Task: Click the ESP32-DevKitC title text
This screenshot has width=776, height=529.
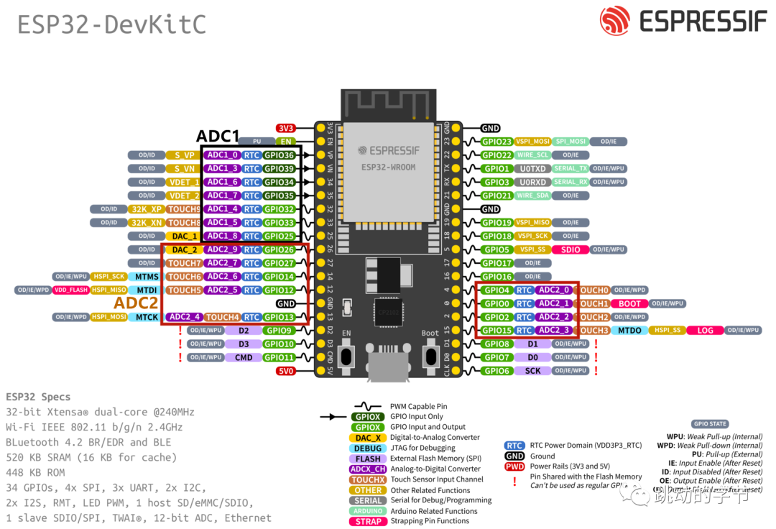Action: pos(111,24)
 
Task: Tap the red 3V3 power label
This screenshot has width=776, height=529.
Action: pos(286,128)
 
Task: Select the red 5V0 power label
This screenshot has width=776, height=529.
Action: pos(286,371)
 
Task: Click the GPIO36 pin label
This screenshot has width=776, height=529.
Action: pos(280,155)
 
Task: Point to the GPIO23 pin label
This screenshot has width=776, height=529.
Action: pos(496,142)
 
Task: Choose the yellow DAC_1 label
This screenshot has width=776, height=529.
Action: pos(185,236)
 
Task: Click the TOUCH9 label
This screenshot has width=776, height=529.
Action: pos(184,209)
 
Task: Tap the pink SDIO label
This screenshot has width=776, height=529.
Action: pos(571,249)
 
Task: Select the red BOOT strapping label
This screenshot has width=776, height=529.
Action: pos(629,303)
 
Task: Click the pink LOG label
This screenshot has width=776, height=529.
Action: pos(705,331)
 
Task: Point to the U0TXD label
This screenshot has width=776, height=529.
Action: pos(532,169)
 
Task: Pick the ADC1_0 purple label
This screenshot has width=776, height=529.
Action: pos(222,155)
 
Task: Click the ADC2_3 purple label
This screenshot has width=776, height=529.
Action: pos(554,331)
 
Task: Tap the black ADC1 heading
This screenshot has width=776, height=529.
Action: pos(218,137)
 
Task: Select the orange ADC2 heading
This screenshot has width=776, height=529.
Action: pos(136,303)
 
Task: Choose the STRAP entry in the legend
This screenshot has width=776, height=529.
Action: pos(369,521)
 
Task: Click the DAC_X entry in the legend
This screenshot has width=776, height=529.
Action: pos(369,438)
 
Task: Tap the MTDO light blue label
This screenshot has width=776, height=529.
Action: pos(629,331)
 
